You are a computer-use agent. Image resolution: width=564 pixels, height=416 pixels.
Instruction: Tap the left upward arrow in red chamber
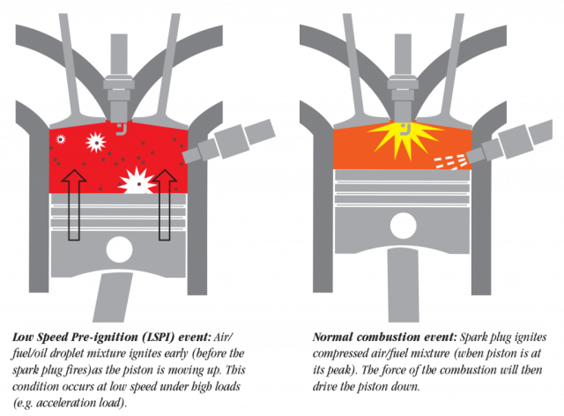74,204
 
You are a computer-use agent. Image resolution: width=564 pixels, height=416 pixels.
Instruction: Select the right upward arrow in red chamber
165,204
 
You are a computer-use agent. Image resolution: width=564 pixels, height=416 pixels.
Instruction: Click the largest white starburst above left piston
138,181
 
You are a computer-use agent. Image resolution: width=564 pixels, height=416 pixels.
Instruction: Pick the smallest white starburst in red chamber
61,139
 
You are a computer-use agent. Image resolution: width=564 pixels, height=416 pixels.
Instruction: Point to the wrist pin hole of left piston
119,249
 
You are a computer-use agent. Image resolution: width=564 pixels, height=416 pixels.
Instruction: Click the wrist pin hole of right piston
404,226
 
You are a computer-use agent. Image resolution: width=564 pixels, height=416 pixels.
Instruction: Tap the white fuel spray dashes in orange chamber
451,161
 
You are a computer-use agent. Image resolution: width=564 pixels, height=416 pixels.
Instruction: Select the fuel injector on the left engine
229,141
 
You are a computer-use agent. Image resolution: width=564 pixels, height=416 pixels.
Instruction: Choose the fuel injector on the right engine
510,142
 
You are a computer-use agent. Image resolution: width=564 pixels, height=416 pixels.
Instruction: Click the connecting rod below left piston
113,297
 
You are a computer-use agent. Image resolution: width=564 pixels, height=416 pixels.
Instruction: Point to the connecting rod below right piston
404,285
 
